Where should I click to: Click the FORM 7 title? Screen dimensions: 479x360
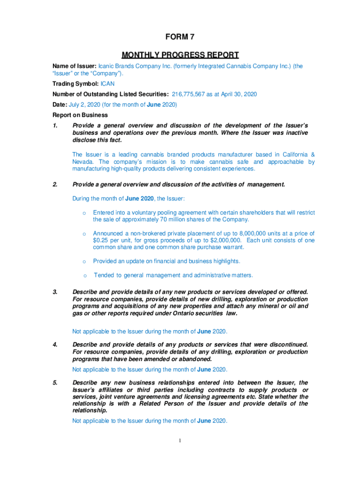180,37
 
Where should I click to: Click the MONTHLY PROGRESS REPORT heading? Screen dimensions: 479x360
180,55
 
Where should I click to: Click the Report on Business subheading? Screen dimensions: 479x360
80,115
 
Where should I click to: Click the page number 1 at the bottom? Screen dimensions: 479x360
180,440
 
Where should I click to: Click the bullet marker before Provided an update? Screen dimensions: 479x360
84,261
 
